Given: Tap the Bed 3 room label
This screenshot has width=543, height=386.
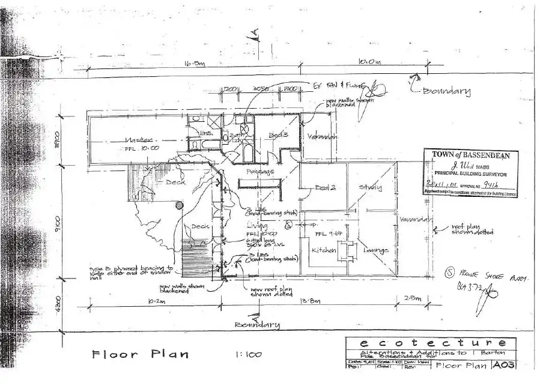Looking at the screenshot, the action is pyautogui.click(x=278, y=135).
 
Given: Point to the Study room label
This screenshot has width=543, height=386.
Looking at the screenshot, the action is pyautogui.click(x=370, y=187).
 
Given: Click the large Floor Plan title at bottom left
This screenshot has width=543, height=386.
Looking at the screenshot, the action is pyautogui.click(x=141, y=354).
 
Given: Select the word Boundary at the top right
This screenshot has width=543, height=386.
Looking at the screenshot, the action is pyautogui.click(x=446, y=91).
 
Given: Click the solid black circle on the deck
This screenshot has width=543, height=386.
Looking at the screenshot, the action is pyautogui.click(x=178, y=205).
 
